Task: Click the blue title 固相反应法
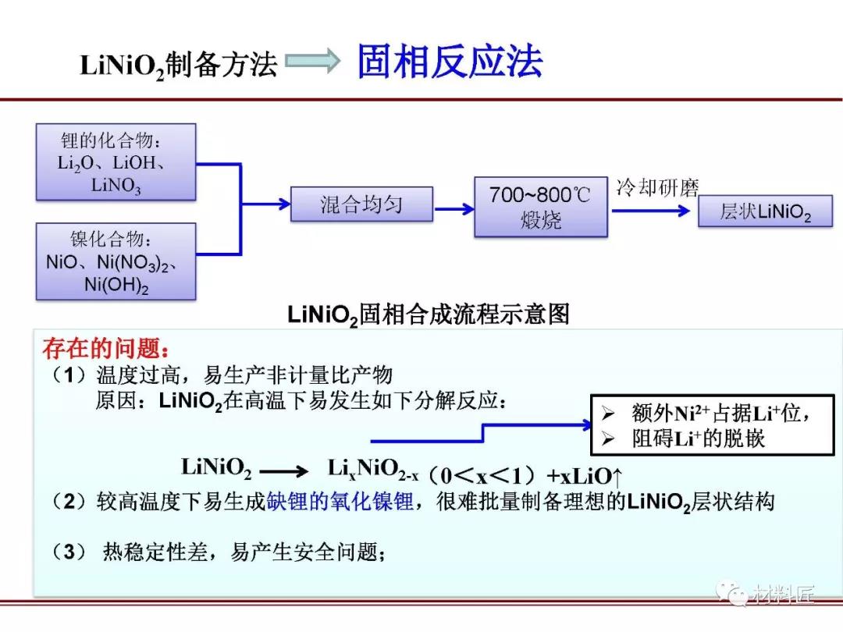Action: [450, 62]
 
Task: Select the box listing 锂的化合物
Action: [116, 162]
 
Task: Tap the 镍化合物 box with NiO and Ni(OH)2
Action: [116, 261]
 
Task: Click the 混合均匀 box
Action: [361, 205]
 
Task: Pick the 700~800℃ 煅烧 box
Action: [540, 207]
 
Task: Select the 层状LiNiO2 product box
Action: [765, 212]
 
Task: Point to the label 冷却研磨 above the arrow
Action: [657, 188]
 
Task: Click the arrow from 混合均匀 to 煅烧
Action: [454, 208]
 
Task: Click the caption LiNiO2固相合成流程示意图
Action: [429, 314]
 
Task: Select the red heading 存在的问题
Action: [105, 347]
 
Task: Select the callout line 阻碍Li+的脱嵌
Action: [699, 438]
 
